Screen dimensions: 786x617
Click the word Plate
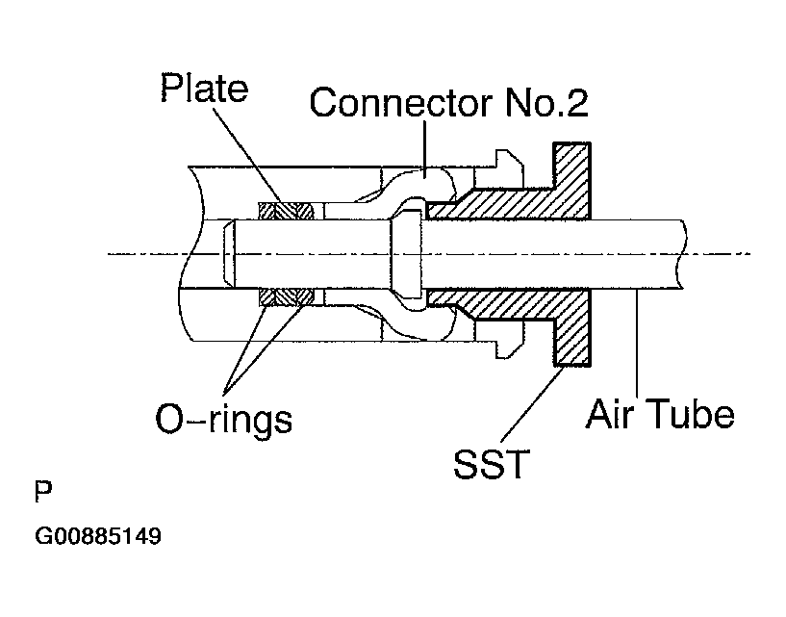pyautogui.click(x=204, y=88)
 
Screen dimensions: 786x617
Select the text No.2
pyautogui.click(x=546, y=102)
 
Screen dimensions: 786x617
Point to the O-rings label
pyautogui.click(x=223, y=420)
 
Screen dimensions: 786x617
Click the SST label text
pyautogui.click(x=492, y=464)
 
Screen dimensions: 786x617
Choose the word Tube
pyautogui.click(x=691, y=414)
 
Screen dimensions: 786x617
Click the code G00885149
pyautogui.click(x=98, y=536)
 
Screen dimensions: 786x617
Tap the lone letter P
pyautogui.click(x=43, y=492)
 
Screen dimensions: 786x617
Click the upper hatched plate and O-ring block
pyautogui.click(x=286, y=211)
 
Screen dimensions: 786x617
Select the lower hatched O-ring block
pyautogui.click(x=286, y=297)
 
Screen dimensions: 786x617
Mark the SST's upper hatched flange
pyautogui.click(x=571, y=181)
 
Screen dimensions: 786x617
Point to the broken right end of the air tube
pyautogui.click(x=682, y=254)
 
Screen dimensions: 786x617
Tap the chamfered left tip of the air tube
pyautogui.click(x=229, y=254)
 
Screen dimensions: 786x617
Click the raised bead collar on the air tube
pyautogui.click(x=407, y=254)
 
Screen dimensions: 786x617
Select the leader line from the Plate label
pyautogui.click(x=248, y=155)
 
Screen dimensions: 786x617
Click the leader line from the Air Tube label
pyautogui.click(x=637, y=345)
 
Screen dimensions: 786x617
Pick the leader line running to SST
pyautogui.click(x=532, y=405)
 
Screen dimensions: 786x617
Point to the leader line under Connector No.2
pyautogui.click(x=424, y=147)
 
